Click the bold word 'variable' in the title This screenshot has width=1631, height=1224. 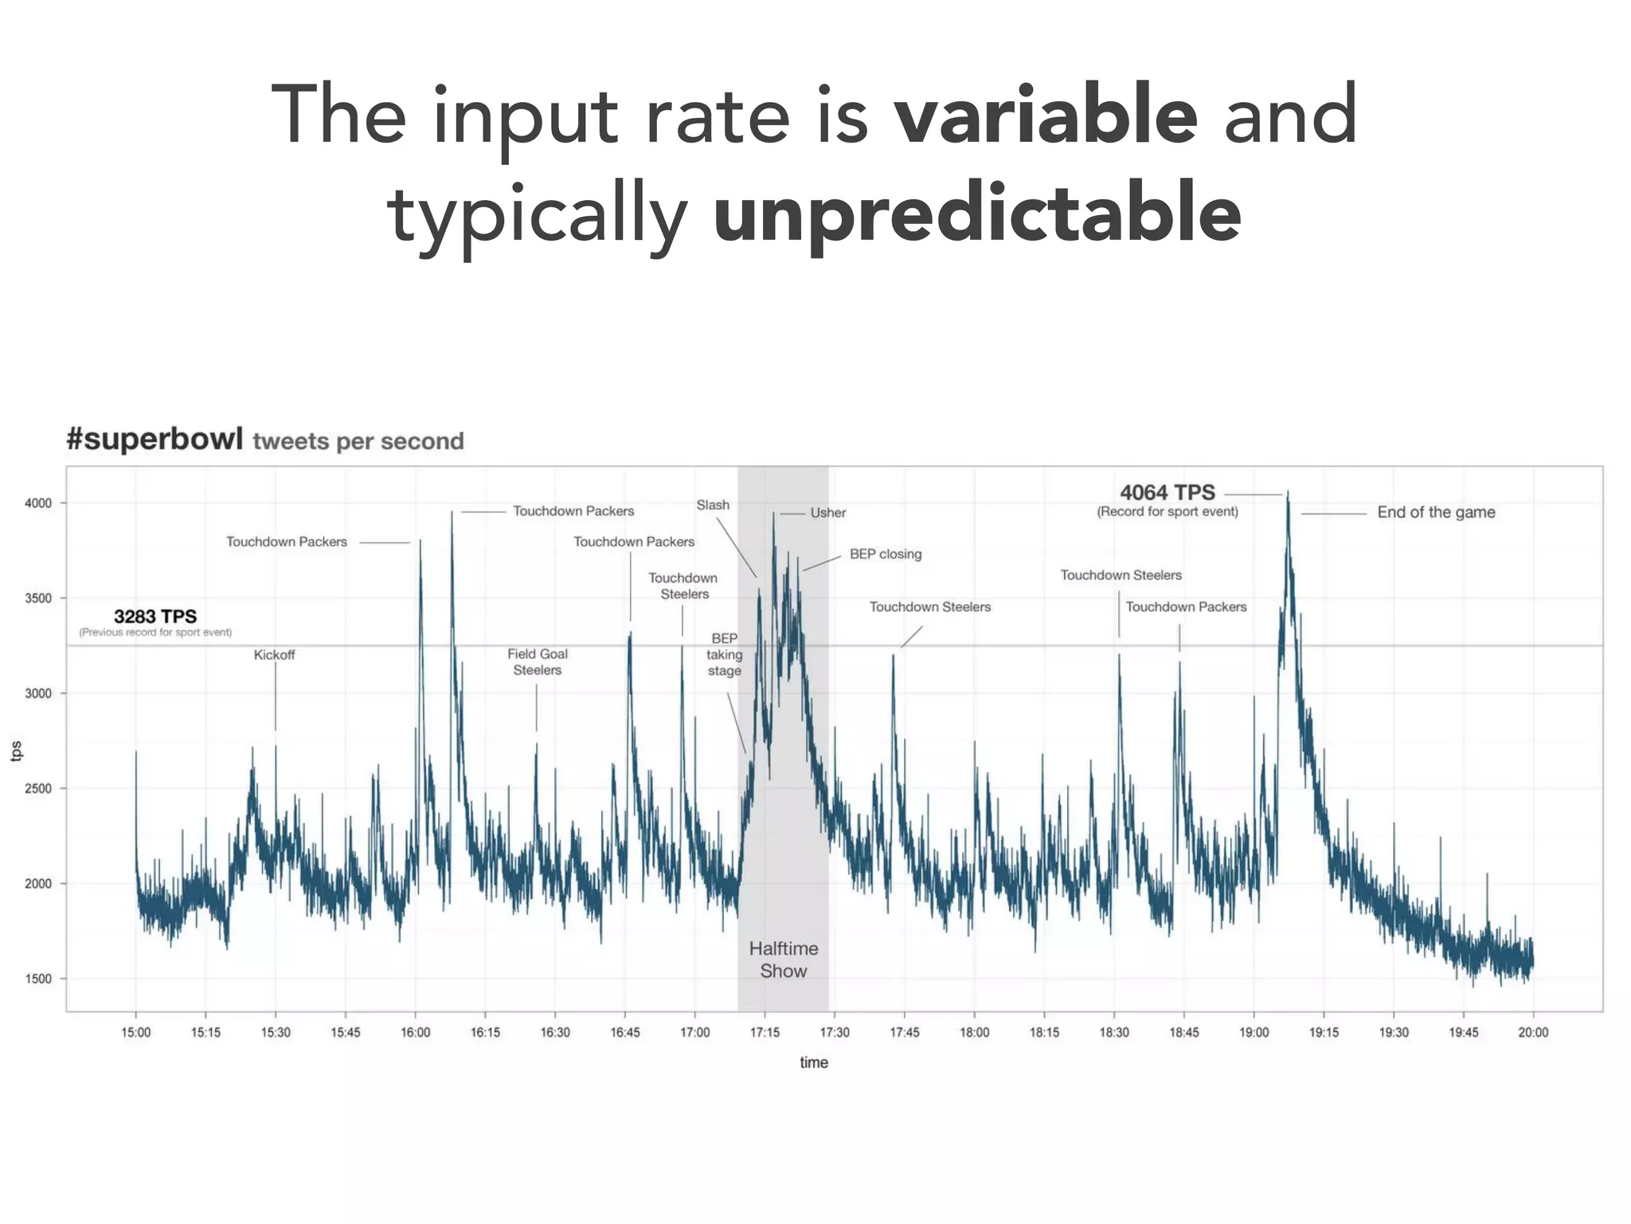[x=1045, y=116]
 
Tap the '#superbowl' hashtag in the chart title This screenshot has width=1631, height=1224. [x=154, y=439]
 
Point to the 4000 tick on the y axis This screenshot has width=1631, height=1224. [x=38, y=504]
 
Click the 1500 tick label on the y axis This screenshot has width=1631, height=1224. [x=38, y=979]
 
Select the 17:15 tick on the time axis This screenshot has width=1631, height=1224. [x=765, y=1032]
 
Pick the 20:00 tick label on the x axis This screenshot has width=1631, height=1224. [x=1533, y=1032]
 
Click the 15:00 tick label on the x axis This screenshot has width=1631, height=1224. [x=136, y=1032]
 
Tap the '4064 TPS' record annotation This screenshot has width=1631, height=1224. [x=1168, y=493]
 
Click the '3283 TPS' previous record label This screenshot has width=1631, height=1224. [x=155, y=617]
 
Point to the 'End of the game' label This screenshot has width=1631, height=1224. [x=1436, y=512]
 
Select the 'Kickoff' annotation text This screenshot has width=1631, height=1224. [x=274, y=655]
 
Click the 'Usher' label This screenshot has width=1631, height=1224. [x=828, y=513]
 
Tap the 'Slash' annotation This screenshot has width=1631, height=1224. [x=713, y=505]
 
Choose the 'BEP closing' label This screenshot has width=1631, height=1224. [x=886, y=554]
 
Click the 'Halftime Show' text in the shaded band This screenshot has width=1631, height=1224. [x=784, y=959]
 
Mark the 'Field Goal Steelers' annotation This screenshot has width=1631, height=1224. [x=538, y=662]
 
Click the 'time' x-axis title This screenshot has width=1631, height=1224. [x=814, y=1062]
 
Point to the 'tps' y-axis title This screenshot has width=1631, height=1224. [x=17, y=751]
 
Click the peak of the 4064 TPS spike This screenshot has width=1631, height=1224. [x=1288, y=492]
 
